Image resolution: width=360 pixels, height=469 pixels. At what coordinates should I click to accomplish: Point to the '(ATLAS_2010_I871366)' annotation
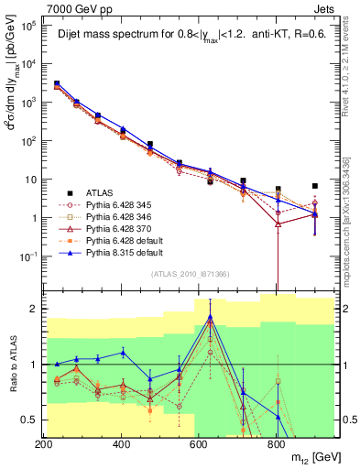click(x=189, y=274)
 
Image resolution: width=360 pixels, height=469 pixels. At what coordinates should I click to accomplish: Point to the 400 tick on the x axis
click(x=121, y=443)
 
